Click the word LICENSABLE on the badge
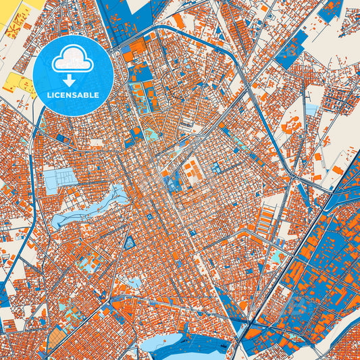click(x=72, y=95)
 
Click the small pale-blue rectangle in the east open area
click(x=311, y=109)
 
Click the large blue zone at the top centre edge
click(x=128, y=17)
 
